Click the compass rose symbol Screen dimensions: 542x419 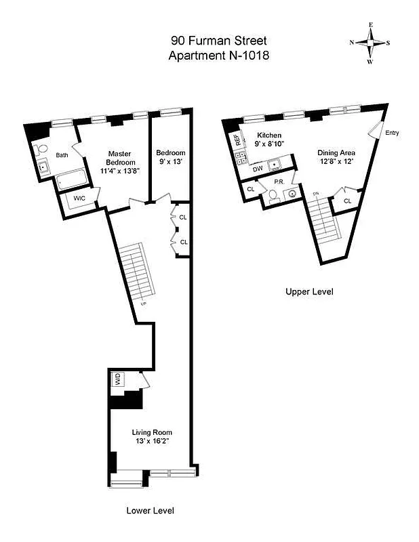click(x=370, y=42)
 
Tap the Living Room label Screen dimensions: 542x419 click(x=151, y=437)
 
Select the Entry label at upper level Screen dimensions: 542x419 click(x=392, y=133)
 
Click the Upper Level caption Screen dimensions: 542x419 click(x=309, y=292)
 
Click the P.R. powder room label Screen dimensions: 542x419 click(x=278, y=182)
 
